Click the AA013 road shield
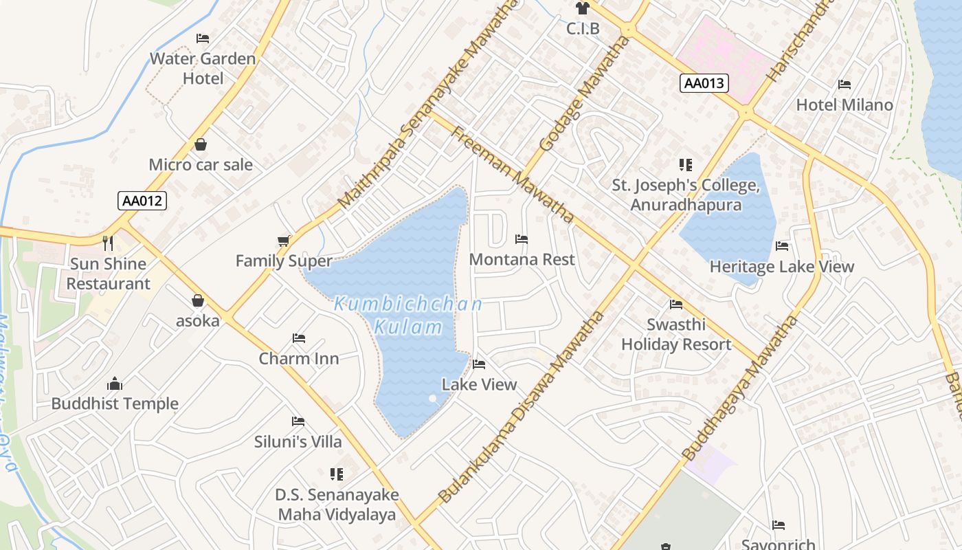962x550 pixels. click(x=704, y=83)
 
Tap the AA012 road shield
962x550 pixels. click(x=142, y=201)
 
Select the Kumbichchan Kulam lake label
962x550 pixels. click(x=409, y=315)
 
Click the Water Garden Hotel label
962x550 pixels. click(x=203, y=68)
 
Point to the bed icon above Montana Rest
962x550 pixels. click(x=522, y=239)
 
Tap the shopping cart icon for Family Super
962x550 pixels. click(x=283, y=241)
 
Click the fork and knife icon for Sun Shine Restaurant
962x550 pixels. click(x=108, y=243)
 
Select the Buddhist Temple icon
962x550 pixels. click(x=115, y=384)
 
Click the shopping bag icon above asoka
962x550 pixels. click(x=198, y=300)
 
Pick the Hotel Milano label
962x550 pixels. click(x=844, y=104)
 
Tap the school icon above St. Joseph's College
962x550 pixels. click(x=685, y=165)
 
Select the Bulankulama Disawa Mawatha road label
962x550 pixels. click(x=522, y=407)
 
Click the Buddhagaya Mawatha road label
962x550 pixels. click(x=741, y=388)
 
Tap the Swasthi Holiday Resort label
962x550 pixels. click(x=676, y=334)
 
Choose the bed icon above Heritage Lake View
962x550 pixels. click(x=782, y=246)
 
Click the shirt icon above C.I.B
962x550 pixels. click(x=583, y=8)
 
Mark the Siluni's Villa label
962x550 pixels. click(x=298, y=441)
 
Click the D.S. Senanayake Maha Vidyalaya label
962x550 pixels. click(x=337, y=505)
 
